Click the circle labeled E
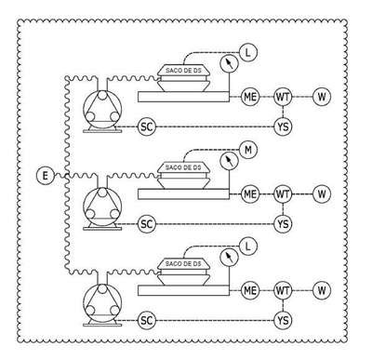pos(46,176)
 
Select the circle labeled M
pos(248,150)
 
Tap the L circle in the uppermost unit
pos(248,53)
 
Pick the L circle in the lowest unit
pos(248,247)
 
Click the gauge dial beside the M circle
pos(229,161)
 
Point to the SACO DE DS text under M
pos(183,167)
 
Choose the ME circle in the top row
pos(250,97)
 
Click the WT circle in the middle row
pos(283,194)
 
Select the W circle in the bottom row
pos(322,290)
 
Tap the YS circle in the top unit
pos(283,127)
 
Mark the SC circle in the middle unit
pos(147,223)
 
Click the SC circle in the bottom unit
pos(147,320)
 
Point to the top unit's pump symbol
pos(102,111)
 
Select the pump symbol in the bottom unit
pos(102,304)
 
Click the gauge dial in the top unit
pos(229,63)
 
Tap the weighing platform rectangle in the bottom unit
pos(183,290)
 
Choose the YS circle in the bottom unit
pos(283,320)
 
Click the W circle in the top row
pos(322,97)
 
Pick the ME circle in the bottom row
pos(250,290)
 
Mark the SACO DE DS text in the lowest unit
pos(183,264)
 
